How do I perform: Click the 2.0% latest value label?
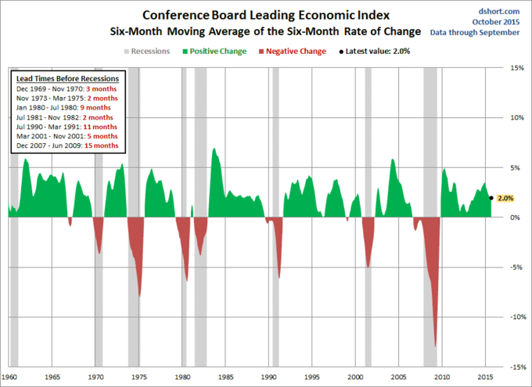[x=505, y=199]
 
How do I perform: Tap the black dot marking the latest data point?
[x=491, y=198]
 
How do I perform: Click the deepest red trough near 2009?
[x=435, y=345]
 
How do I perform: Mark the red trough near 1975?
[x=139, y=296]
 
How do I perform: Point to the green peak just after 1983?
[x=213, y=149]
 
